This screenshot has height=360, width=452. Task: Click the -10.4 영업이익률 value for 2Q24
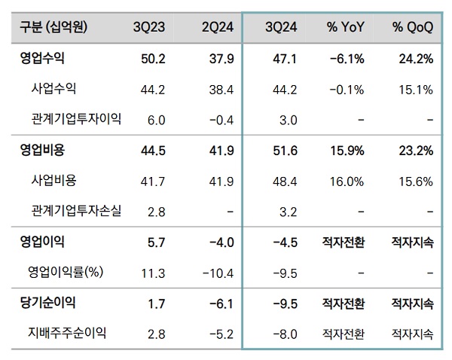coord(220,273)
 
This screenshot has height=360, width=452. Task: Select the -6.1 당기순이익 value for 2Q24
coord(221,304)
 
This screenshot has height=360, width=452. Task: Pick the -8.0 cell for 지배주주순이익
coord(287,332)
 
